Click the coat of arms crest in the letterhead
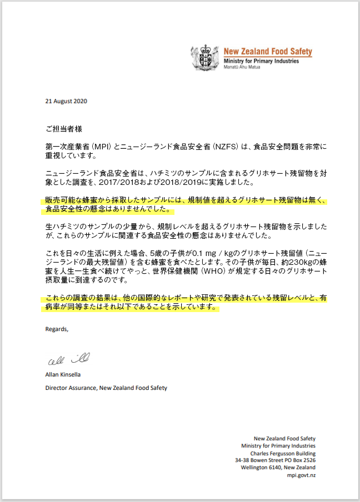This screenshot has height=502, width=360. pyautogui.click(x=205, y=58)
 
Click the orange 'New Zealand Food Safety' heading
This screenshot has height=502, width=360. pyautogui.click(x=268, y=52)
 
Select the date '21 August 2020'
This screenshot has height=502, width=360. pyautogui.click(x=66, y=101)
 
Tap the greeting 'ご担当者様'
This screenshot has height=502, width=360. pyautogui.click(x=64, y=128)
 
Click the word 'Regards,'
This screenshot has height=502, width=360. pyautogui.click(x=57, y=329)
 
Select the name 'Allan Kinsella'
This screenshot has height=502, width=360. pyautogui.click(x=63, y=375)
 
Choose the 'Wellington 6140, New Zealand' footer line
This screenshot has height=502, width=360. pyautogui.click(x=278, y=468)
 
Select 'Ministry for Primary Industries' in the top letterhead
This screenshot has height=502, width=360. pyautogui.click(x=261, y=61)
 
